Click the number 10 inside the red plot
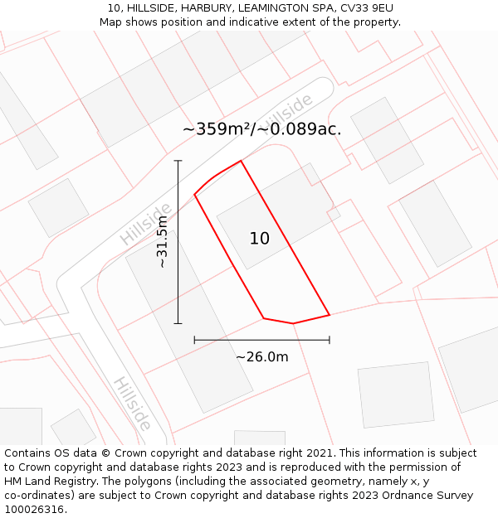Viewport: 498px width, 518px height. click(260, 239)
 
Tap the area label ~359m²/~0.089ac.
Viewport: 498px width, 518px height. click(261, 129)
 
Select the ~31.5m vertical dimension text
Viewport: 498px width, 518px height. click(163, 241)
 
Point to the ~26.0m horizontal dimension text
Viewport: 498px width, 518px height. click(262, 357)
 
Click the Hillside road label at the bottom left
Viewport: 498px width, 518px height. click(132, 404)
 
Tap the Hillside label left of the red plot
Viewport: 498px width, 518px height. click(145, 224)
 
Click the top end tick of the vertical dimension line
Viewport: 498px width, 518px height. click(178, 161)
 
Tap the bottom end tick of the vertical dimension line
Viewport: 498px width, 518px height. click(178, 323)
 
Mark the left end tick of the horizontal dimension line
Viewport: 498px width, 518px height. click(194, 340)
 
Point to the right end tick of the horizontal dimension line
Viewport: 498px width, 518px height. click(330, 340)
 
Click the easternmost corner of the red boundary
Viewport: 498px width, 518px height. click(330, 315)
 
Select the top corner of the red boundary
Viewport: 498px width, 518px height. click(241, 161)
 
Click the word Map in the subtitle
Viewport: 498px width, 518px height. click(111, 22)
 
